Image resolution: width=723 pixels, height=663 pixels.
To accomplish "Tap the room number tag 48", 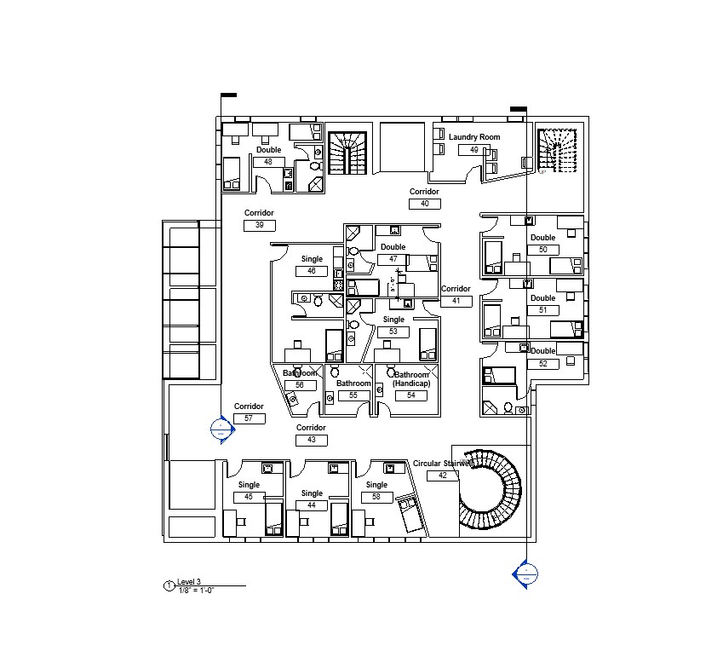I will (268, 161).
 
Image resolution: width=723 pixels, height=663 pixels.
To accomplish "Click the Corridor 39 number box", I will (259, 225).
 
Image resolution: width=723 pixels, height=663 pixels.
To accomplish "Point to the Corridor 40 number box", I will (424, 204).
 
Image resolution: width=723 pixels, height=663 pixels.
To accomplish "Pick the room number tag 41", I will (456, 301).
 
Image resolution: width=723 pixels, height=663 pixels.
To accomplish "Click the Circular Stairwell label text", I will (441, 464).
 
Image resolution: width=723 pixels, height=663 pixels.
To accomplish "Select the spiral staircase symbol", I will (491, 491).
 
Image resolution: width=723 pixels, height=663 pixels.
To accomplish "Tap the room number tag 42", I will (442, 476).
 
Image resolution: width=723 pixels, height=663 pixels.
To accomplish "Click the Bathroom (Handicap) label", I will (411, 379).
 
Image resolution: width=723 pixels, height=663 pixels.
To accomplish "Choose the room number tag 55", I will (353, 395).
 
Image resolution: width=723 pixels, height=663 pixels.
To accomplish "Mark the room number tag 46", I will (312, 271).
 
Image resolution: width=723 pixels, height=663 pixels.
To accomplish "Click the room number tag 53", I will (393, 331).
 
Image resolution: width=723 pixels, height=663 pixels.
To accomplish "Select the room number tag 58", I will (376, 497).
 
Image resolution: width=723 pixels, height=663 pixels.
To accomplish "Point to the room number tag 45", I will (249, 497).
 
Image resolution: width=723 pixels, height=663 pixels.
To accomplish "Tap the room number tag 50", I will (542, 250).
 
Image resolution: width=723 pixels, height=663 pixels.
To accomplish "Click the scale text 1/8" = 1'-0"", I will (197, 590).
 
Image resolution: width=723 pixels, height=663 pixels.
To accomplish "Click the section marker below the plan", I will (525, 574).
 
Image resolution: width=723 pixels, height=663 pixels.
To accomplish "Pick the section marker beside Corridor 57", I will (221, 429).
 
